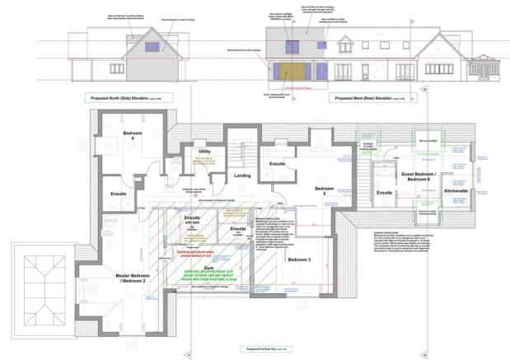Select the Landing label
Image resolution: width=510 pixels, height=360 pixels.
point(242,175)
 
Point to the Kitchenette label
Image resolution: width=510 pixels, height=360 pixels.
point(456,190)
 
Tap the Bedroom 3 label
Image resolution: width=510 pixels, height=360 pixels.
point(299,259)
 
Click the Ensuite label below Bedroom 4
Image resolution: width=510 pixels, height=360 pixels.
point(119,194)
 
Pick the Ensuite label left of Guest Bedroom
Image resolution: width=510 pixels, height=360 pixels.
point(384,193)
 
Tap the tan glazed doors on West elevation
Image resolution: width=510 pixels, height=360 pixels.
point(294,70)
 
